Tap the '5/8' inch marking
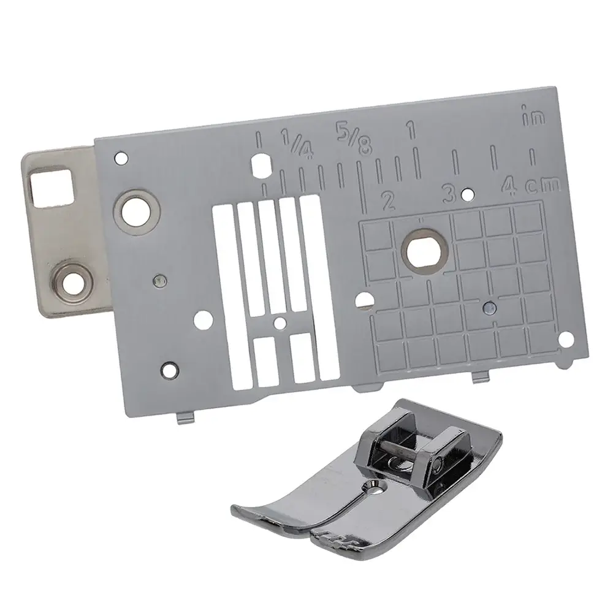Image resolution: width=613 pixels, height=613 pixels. pos(354,138)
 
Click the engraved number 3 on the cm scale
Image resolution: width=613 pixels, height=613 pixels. pos(449,194)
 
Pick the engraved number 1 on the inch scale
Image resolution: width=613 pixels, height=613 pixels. pos(411,130)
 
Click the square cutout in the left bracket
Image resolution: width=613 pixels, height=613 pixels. pos(51,187)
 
